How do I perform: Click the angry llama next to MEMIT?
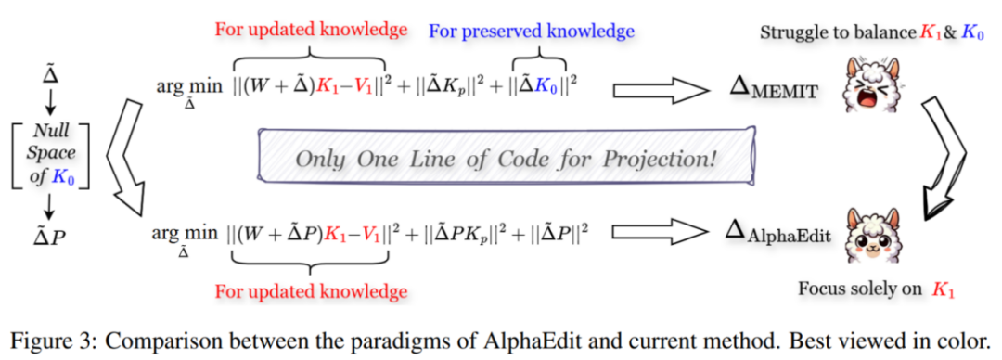[872, 84]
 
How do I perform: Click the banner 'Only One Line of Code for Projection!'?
[506, 158]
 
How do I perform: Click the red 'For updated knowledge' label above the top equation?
[311, 29]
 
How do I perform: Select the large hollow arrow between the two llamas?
[943, 158]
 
